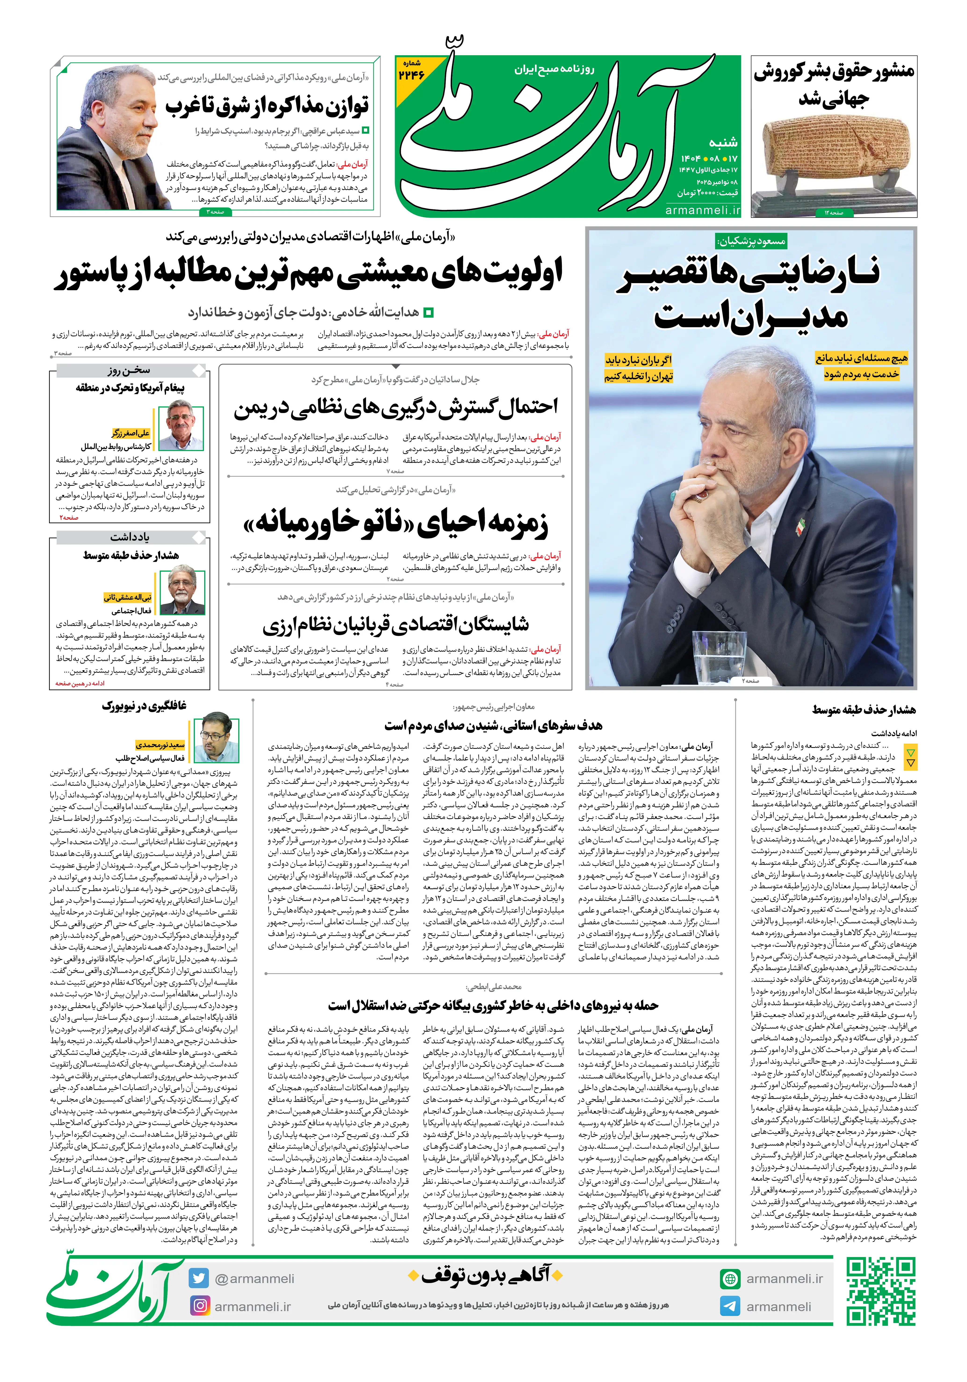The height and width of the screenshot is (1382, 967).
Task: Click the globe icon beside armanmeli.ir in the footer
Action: coord(730,1279)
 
